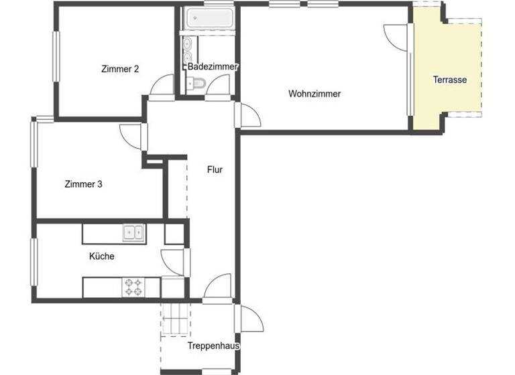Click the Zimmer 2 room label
point(120,68)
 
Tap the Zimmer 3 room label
point(83,183)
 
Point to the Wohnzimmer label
point(314,94)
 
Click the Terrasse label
point(449,80)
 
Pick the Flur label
point(215,170)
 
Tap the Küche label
point(102,256)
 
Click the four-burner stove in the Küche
point(133,287)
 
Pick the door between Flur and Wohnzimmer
point(248,115)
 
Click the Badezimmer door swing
point(219,85)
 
